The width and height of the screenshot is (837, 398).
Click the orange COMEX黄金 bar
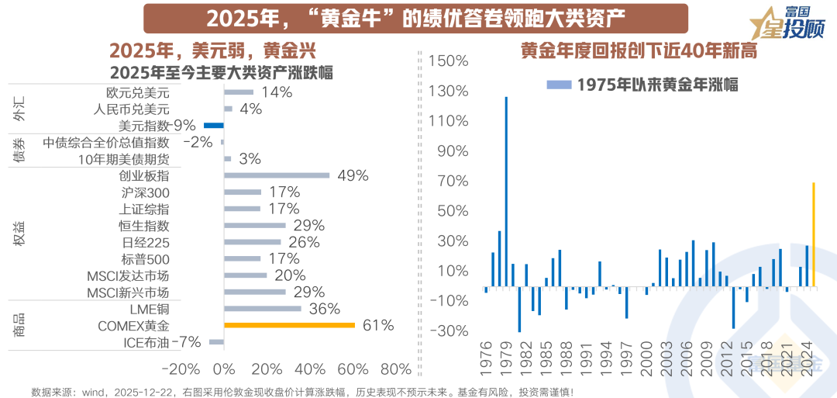point(289,326)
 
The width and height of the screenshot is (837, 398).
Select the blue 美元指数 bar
point(213,125)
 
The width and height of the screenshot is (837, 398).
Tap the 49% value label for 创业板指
point(353,175)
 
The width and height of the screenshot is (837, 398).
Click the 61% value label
point(378,326)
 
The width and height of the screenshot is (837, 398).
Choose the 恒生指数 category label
point(145,226)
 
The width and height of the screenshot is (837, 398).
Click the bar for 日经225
point(253,242)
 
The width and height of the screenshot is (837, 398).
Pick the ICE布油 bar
point(216,342)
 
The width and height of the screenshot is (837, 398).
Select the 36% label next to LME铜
point(324,309)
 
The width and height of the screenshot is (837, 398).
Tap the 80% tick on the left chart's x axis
point(396,368)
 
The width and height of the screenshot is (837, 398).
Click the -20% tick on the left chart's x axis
point(184,368)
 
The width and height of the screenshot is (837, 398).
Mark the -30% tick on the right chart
point(449,331)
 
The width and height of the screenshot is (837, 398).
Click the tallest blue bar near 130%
point(506,192)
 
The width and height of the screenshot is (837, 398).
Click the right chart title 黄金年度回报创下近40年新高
point(639,52)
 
